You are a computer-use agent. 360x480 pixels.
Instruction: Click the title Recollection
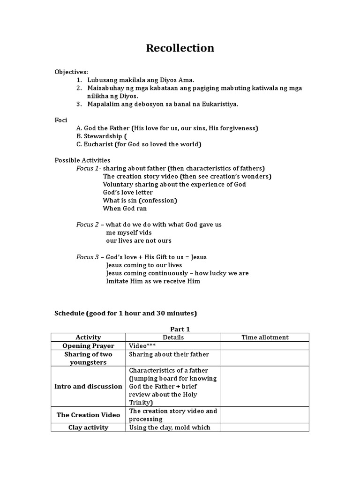[x=180, y=48]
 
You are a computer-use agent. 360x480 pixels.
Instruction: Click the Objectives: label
[x=71, y=72]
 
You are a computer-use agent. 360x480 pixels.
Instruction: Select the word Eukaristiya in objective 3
[x=219, y=104]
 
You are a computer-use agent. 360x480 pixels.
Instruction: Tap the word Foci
[x=61, y=120]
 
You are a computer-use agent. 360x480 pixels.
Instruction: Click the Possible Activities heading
[x=82, y=160]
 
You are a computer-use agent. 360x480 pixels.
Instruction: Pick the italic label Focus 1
[x=88, y=168]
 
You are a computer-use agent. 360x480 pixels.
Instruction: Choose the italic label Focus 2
[x=88, y=225]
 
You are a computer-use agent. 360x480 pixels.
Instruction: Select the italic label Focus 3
[x=88, y=257]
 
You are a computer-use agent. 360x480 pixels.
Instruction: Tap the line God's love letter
[x=128, y=192]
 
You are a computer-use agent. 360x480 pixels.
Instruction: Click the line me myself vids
[x=129, y=232]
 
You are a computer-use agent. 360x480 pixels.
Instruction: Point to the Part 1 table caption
[x=180, y=329]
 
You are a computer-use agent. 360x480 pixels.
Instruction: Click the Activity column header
[x=88, y=337]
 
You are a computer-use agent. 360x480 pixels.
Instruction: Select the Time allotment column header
[x=265, y=337]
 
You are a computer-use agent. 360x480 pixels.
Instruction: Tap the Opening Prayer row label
[x=88, y=346]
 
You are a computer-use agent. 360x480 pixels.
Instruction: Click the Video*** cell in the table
[x=142, y=346]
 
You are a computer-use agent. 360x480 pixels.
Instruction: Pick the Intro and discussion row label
[x=88, y=386]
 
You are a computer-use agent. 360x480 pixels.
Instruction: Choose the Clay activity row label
[x=88, y=427]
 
